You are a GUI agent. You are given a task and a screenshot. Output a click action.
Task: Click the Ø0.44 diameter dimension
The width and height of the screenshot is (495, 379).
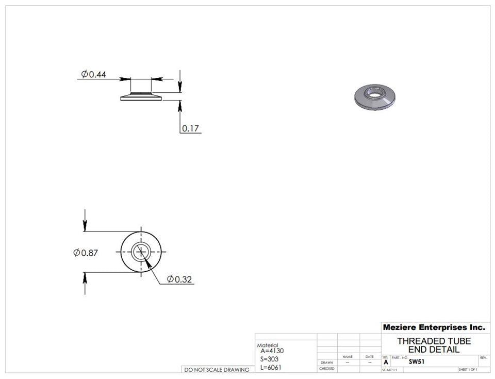93,74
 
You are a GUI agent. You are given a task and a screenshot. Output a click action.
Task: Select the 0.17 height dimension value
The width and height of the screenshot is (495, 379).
191,128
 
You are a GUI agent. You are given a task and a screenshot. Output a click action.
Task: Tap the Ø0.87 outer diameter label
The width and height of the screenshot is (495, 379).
86,253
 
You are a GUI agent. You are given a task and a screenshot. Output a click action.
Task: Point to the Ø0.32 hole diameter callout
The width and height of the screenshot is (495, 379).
179,279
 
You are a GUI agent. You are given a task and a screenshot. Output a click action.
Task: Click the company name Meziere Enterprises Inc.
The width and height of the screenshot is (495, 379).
434,327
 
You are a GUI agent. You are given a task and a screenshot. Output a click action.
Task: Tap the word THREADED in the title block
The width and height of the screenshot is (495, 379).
419,341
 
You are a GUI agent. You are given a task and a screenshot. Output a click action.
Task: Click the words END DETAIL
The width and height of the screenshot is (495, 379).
434,350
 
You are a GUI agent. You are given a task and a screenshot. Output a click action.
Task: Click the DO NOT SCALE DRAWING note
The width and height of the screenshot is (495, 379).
217,370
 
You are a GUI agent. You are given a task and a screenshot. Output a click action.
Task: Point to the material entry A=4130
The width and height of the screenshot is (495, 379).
272,351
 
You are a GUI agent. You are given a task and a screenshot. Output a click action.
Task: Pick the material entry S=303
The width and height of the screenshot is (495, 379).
270,359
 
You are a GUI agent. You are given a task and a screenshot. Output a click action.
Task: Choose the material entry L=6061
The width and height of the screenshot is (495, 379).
271,367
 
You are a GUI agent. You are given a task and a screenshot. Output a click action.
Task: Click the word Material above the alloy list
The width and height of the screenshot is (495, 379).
267,345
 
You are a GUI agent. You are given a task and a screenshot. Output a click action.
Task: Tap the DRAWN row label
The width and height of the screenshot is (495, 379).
326,362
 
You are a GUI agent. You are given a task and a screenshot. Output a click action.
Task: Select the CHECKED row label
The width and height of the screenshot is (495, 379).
326,369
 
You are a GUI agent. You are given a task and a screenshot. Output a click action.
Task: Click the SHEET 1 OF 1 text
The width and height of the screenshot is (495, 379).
467,370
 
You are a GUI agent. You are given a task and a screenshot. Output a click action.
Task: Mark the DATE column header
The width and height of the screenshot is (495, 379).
370,357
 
